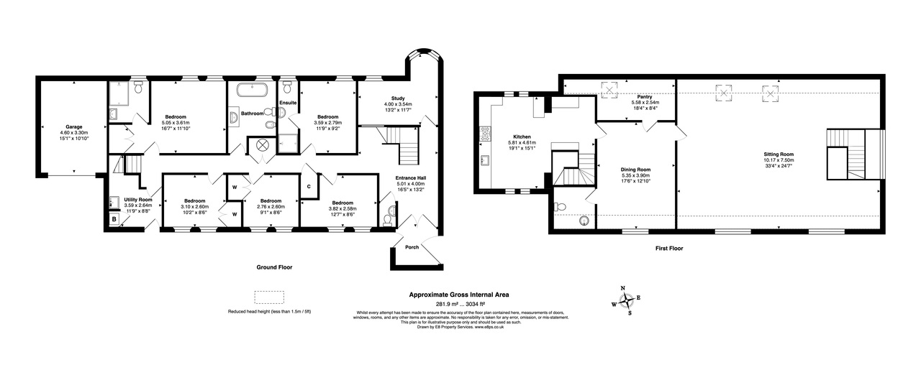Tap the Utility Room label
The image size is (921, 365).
[x=137, y=199]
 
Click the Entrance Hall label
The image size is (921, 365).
[x=411, y=177]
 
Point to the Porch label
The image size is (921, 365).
[x=412, y=247]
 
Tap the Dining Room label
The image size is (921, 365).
[x=636, y=169]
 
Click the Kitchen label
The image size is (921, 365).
[x=522, y=137]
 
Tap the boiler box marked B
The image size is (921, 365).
[x=114, y=219]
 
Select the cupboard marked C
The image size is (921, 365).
[x=309, y=187]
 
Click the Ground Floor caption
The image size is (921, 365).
[x=274, y=267]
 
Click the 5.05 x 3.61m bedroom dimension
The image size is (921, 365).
[x=176, y=123]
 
